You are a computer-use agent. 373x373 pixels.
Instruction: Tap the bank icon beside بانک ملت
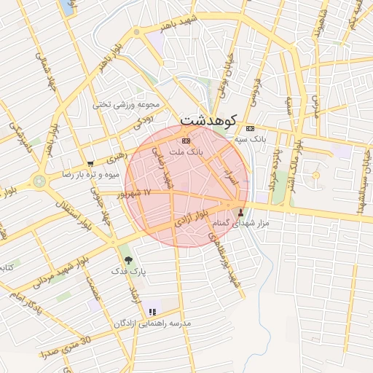pos(186,140)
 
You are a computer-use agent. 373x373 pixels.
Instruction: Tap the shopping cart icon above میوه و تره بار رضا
pos(90,164)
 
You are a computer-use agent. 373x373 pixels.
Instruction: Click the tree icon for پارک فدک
pos(129,260)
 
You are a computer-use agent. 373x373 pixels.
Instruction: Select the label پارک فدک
pos(128,271)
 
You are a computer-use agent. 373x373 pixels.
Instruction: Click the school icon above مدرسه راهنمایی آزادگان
pos(152,312)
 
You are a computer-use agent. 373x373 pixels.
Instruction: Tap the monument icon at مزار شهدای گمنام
pos(241,213)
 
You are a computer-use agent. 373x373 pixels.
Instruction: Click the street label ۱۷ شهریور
pos(136,193)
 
